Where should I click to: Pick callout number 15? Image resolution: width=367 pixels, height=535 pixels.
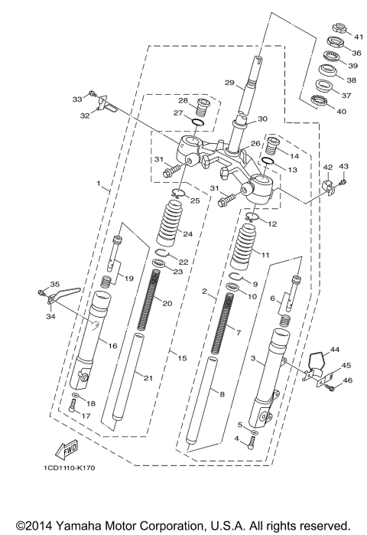[181, 357]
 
